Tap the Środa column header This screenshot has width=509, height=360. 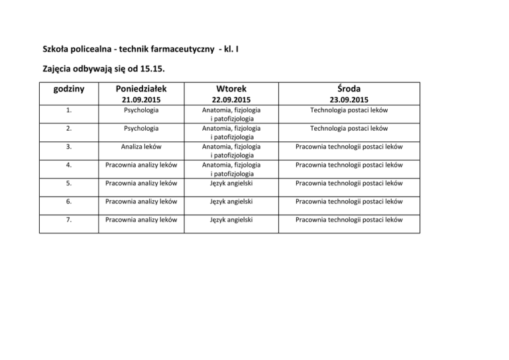click(349, 89)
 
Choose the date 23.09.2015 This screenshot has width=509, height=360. click(349, 100)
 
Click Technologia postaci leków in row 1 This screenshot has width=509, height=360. click(349, 111)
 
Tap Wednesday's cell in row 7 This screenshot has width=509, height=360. click(349, 219)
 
